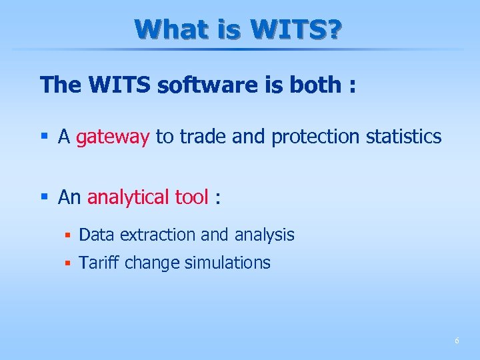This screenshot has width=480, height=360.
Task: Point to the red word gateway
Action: (x=113, y=137)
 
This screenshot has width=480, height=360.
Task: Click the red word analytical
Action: (x=128, y=197)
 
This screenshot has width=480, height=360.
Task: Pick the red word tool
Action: (x=191, y=197)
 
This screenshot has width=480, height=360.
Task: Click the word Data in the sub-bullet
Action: (x=97, y=235)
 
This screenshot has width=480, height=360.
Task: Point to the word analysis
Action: (x=264, y=235)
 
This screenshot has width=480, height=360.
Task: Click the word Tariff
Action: (x=99, y=263)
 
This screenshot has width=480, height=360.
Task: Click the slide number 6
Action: (x=457, y=341)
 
